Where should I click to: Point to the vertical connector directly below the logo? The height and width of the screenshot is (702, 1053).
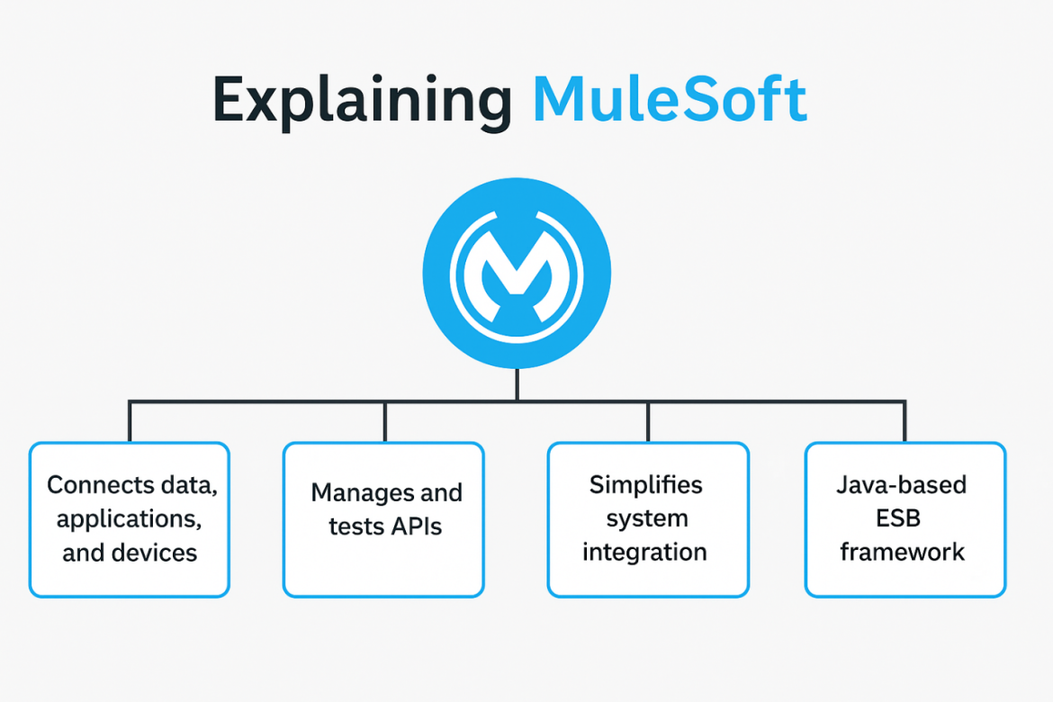(517, 384)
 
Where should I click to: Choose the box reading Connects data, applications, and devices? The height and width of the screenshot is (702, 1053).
(130, 519)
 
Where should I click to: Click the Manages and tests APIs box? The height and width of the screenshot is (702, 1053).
(384, 519)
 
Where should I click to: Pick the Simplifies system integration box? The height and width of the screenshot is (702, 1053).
(648, 519)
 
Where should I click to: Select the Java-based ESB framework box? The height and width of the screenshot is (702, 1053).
(904, 519)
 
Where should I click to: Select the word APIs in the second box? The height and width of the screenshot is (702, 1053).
(415, 526)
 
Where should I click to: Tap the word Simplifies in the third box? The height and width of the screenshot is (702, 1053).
(645, 485)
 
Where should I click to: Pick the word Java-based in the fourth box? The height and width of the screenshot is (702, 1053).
(902, 485)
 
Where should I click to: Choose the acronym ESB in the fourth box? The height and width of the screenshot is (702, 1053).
(902, 518)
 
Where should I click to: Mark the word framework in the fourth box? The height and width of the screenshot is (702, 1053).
(902, 552)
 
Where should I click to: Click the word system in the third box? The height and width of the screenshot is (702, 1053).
(646, 519)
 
